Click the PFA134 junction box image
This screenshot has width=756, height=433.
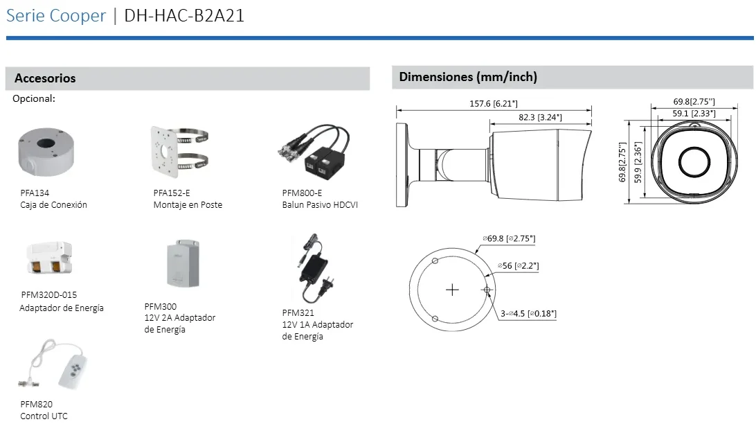[x=46, y=152]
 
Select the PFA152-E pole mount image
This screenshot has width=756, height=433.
[x=179, y=152]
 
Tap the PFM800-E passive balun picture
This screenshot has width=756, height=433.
[x=314, y=152]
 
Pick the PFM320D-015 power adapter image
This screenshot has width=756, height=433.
[x=50, y=258]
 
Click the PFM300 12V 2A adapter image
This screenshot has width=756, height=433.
[x=183, y=263]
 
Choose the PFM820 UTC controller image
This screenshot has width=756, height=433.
[x=53, y=364]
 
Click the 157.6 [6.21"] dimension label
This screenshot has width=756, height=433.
[x=493, y=104]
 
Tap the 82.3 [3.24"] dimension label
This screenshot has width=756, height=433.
[x=540, y=117]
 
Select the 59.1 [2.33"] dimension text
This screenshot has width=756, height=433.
[x=694, y=114]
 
